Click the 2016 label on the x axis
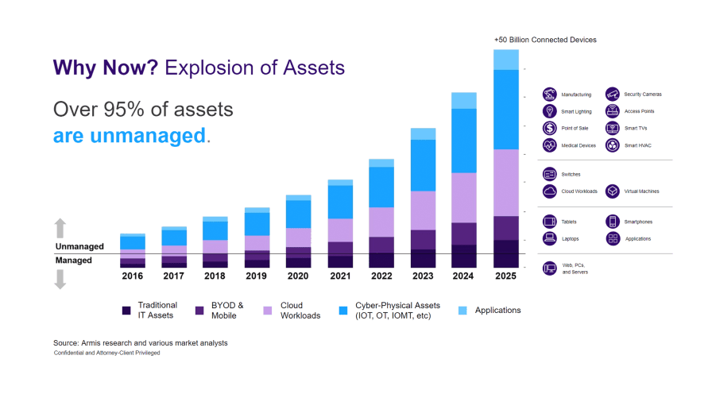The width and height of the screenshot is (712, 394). point(132,276)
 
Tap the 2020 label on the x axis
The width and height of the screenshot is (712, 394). point(298,276)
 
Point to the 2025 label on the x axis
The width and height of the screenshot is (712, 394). point(505,276)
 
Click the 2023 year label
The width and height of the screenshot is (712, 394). point(423,276)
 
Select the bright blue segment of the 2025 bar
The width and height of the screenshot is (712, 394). point(505,109)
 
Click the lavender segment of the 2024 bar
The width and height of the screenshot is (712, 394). point(464,197)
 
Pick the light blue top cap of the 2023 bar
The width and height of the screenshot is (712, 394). point(423,133)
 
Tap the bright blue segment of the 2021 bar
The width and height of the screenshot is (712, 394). point(340,202)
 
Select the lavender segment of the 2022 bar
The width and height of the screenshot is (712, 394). point(381,222)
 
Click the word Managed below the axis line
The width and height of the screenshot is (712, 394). point(73,260)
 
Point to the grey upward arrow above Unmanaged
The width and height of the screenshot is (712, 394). point(60,229)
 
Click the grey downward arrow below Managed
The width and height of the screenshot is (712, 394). point(60,279)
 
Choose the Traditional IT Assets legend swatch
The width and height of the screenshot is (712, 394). point(126,310)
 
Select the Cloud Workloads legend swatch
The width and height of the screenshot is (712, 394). point(269,310)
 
